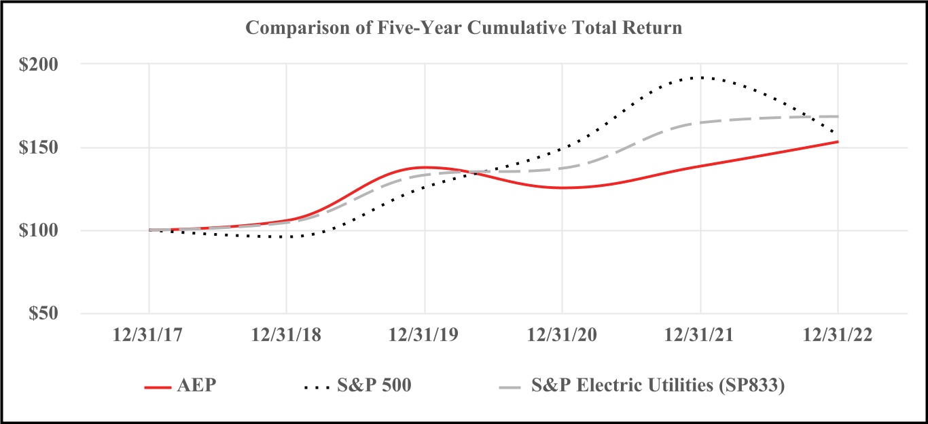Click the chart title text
point(463,29)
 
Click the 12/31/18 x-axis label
point(286,336)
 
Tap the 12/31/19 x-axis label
point(425,336)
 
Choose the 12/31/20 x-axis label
point(563,336)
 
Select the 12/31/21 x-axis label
point(700,336)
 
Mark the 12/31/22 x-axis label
point(838,336)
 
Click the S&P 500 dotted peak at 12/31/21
point(700,77)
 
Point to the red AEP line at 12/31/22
point(837,142)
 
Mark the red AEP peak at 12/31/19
point(425,167)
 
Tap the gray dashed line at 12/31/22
point(836,116)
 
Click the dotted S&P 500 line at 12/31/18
point(287,237)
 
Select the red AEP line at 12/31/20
point(563,188)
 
